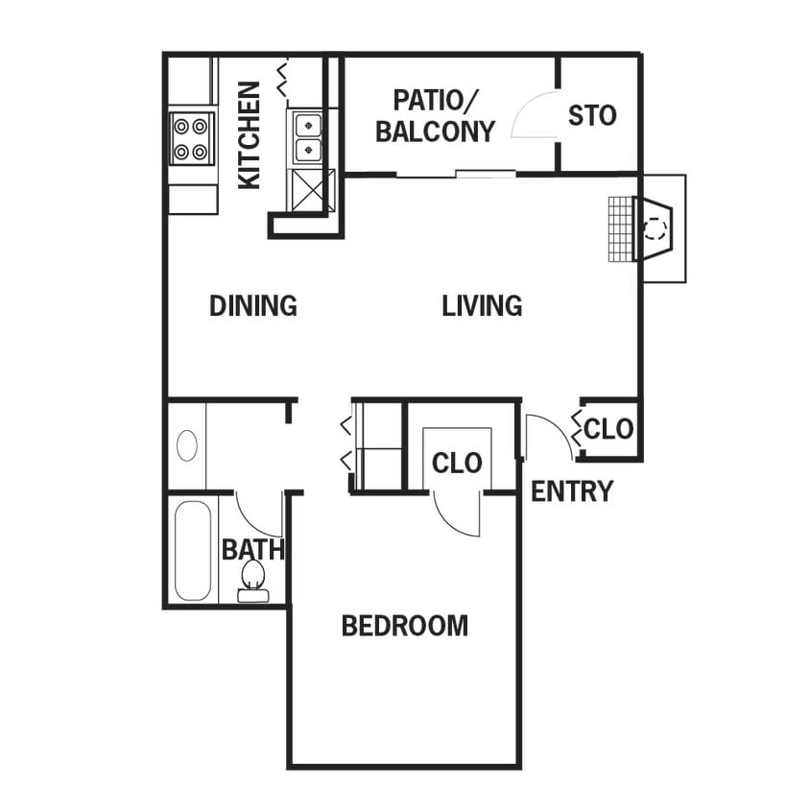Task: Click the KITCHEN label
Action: [x=250, y=134]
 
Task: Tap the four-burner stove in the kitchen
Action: [x=192, y=138]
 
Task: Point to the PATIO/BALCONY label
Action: [x=435, y=115]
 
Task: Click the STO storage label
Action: [x=591, y=116]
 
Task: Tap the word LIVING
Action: [x=482, y=306]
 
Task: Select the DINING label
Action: [x=252, y=306]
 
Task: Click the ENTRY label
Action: [x=572, y=491]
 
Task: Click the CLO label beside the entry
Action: [x=608, y=428]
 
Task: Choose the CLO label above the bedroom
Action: [x=457, y=463]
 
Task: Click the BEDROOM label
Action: [x=405, y=627]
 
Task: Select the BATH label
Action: [x=252, y=550]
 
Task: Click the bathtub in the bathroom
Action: [x=192, y=550]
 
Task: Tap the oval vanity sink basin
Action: [x=187, y=445]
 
